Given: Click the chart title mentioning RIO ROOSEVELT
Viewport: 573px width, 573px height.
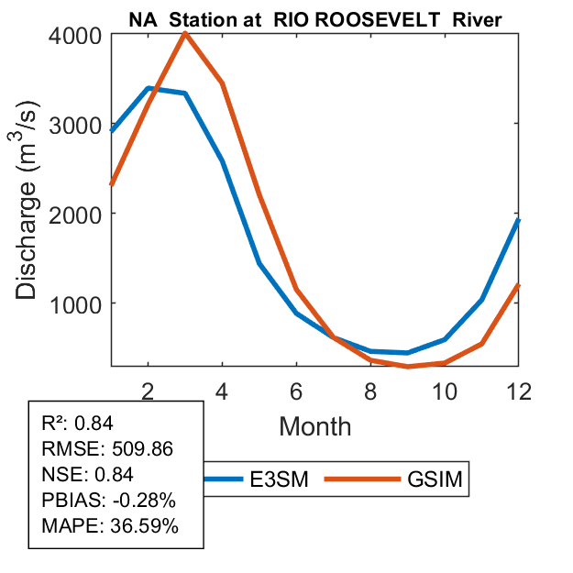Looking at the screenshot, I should coord(315,20).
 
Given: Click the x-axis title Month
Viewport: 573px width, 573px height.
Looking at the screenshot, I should coord(314,425).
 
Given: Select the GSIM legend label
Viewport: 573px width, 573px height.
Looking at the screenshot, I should coord(433,480).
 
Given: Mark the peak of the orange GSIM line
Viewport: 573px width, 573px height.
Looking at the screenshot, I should coord(185,34).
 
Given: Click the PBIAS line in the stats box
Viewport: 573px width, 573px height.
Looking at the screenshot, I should coord(108,501).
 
